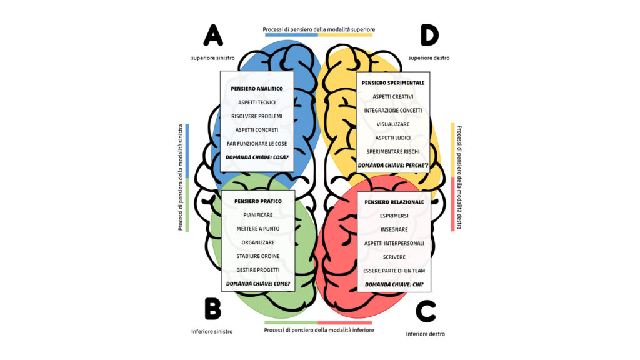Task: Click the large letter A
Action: pos(213,36)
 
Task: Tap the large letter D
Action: pos(429,36)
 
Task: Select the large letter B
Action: pos(212,309)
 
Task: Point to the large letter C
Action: pos(426,311)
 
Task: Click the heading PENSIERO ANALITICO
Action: pos(257,89)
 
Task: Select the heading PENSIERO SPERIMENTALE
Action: pos(393,83)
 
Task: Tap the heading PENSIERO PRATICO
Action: pos(258,201)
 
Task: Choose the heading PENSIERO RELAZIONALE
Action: pos(394,202)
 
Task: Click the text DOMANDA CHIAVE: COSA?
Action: pos(257,157)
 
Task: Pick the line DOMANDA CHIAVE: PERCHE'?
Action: pos(393,165)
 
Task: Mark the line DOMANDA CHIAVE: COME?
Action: pos(258,284)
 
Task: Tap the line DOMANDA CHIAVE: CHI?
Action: pos(394,284)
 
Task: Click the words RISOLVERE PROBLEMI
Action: pos(257,116)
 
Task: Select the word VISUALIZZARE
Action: pos(393,124)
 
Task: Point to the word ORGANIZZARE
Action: pos(258,242)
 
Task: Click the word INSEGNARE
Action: pos(394,229)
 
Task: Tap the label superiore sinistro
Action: pos(213,58)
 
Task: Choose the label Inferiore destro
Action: pos(425,334)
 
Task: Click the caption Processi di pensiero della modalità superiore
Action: pos(319,29)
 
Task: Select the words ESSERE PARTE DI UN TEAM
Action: pos(394,271)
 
